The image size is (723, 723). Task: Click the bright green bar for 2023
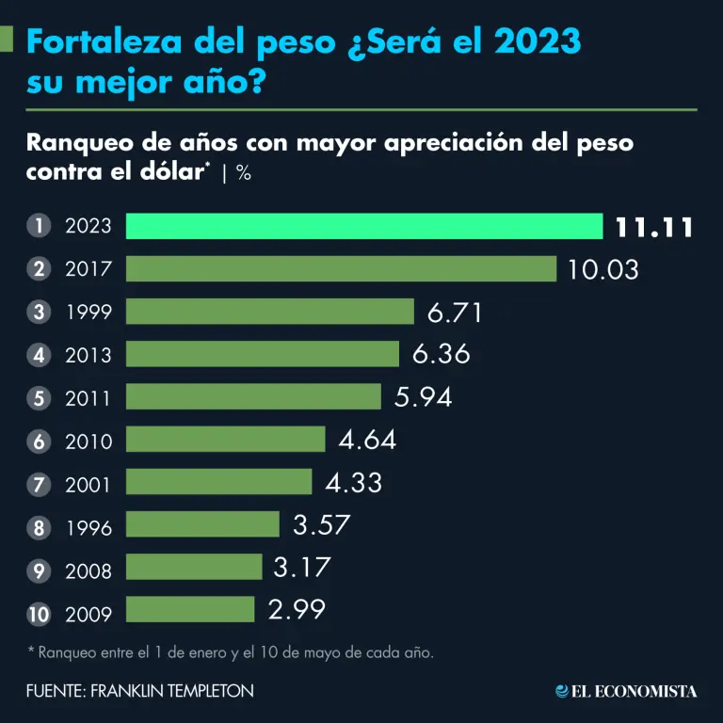pos(363,226)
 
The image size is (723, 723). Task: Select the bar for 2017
pos(341,269)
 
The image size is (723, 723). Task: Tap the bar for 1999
pos(269,312)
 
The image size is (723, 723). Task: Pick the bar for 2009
pos(190,609)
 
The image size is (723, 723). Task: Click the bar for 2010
pos(225,440)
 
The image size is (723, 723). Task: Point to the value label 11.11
pos(654,227)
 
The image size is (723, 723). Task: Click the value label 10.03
pos(603,269)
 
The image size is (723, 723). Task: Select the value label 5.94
pos(424,396)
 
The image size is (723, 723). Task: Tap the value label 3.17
pos(303,567)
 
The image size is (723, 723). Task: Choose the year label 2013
pos(88,355)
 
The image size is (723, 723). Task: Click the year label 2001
pos(88,485)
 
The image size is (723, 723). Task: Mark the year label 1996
pos(88,528)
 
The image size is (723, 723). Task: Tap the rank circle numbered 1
pos(39,226)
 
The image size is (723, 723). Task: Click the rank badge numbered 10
pos(39,615)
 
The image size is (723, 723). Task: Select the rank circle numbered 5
pos(39,398)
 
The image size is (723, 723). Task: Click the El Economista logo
pos(626,691)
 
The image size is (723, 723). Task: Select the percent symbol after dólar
pos(243,174)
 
